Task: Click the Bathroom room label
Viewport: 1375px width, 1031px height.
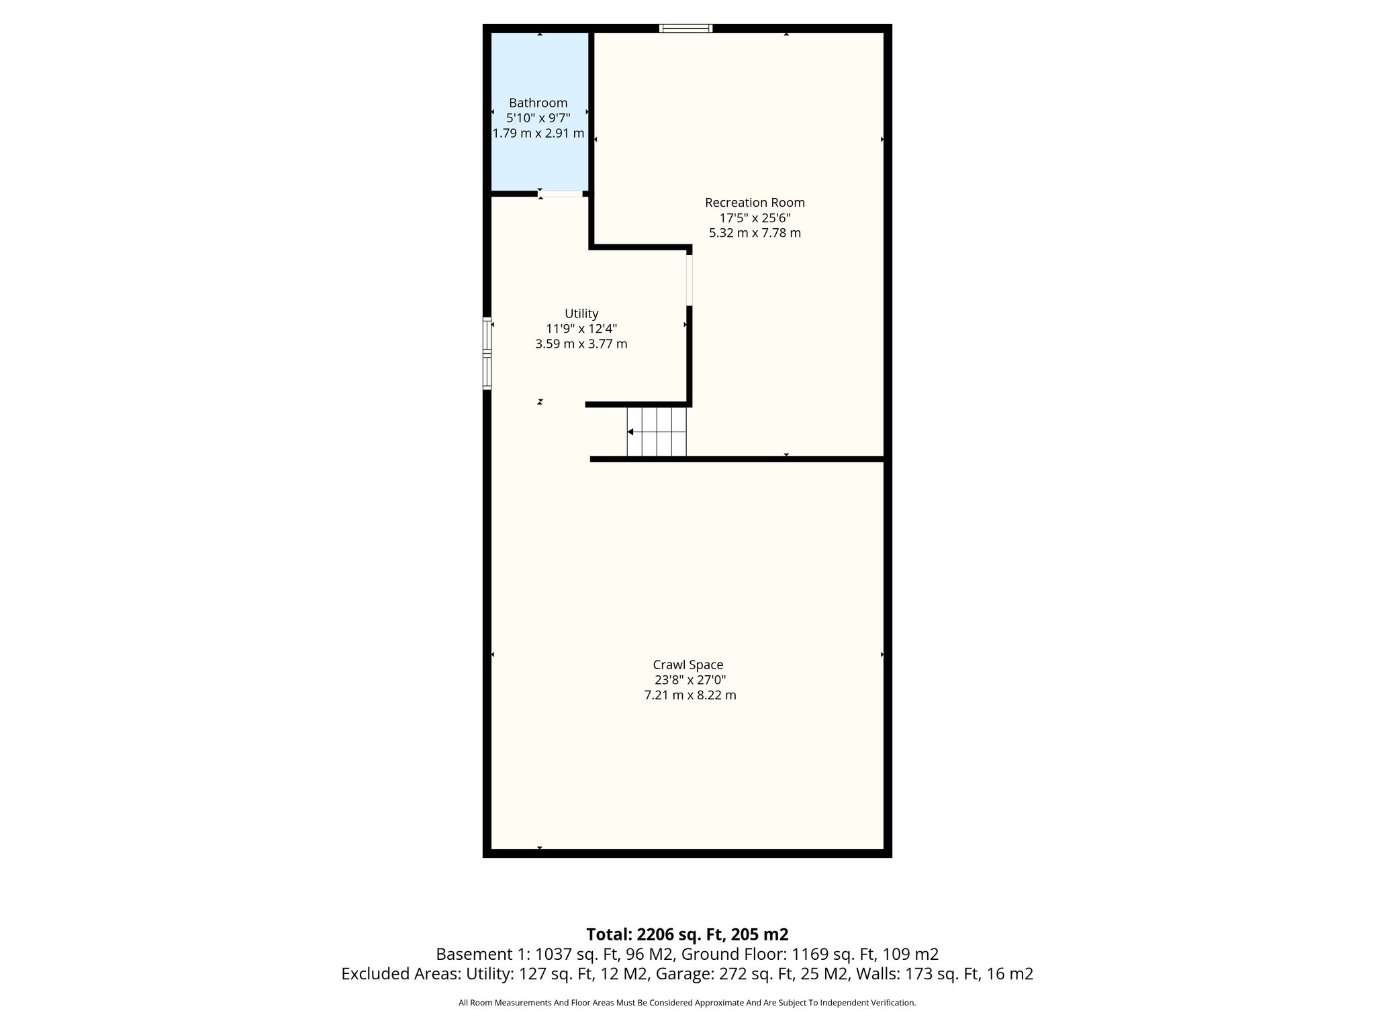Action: [538, 103]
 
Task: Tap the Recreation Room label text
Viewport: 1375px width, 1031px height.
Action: [755, 202]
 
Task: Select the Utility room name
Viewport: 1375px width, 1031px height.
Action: [581, 313]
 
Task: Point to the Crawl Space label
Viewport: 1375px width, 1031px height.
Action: [688, 665]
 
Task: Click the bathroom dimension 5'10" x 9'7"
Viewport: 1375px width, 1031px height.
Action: [538, 118]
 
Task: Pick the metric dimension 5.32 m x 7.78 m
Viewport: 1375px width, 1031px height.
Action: [755, 233]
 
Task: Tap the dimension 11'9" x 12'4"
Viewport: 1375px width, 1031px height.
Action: [581, 329]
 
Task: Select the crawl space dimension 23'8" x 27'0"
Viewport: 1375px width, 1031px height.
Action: [690, 680]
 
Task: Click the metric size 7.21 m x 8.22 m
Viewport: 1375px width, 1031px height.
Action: [690, 695]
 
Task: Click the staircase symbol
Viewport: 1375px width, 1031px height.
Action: [657, 432]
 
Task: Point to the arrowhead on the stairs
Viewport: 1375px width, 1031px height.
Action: [630, 432]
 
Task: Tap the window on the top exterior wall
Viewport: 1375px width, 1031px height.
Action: [685, 28]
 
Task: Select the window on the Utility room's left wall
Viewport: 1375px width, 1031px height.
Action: [487, 353]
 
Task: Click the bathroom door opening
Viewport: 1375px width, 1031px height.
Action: [561, 194]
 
